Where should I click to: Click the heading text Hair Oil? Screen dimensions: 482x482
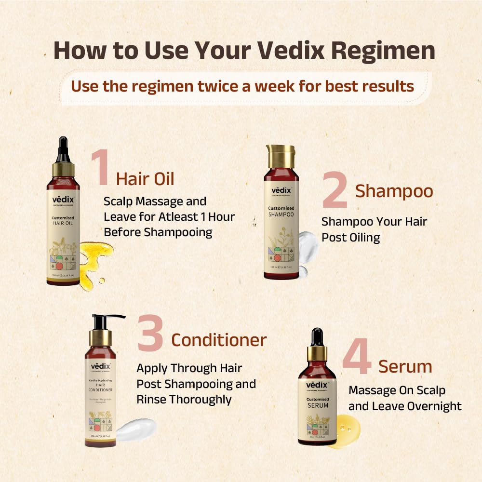[145, 179]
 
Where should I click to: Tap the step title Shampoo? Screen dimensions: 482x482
[394, 191]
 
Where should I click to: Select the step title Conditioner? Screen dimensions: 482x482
[219, 340]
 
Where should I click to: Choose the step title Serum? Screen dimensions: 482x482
[405, 366]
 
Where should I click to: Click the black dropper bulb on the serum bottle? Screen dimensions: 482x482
[317, 337]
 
